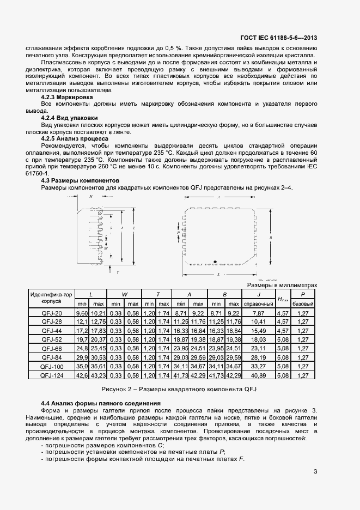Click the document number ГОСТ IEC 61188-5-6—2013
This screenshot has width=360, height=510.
pos(278,38)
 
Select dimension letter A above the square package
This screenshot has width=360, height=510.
pos(218,198)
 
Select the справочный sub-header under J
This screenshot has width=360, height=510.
pos(258,303)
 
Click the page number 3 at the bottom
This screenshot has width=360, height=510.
pos(315,472)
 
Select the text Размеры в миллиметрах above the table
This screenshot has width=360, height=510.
pos(282,285)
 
